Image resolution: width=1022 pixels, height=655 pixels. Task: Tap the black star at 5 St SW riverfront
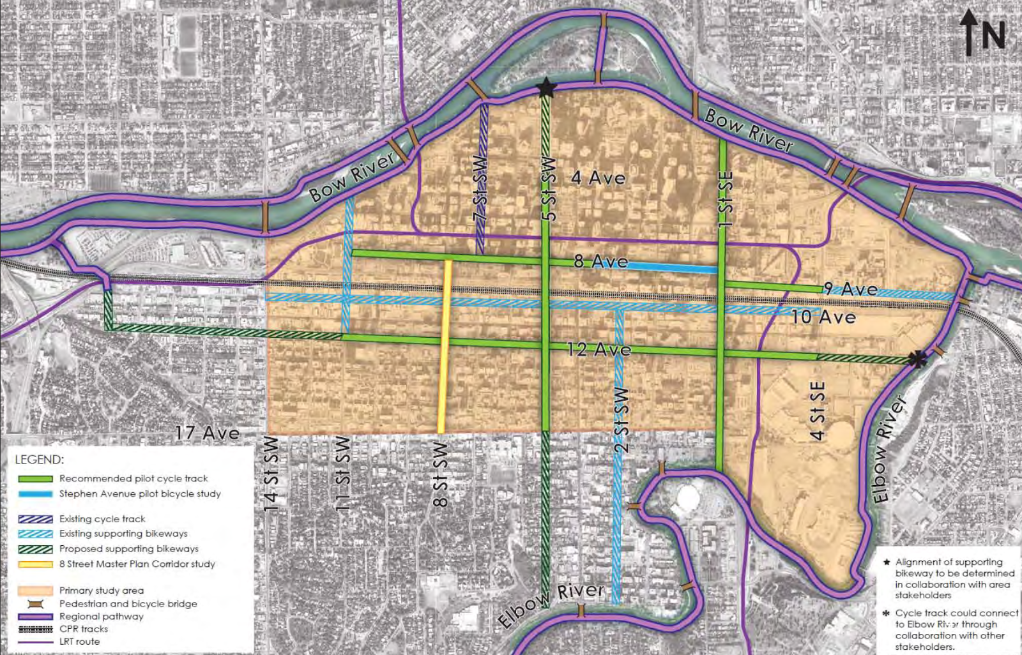(547, 87)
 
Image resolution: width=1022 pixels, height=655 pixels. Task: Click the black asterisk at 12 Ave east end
(917, 359)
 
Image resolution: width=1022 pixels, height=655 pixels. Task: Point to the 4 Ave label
(598, 177)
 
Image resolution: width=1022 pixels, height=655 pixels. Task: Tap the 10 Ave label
(823, 317)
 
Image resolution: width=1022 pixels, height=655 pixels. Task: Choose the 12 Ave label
(599, 349)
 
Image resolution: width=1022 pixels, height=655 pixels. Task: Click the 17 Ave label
(208, 433)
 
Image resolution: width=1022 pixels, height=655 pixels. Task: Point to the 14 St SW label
(271, 474)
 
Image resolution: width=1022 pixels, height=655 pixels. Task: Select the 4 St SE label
(818, 410)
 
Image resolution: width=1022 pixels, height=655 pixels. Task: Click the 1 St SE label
(726, 200)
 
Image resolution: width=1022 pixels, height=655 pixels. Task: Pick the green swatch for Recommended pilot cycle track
(35, 479)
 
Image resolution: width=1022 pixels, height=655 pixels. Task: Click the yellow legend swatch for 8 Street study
(35, 564)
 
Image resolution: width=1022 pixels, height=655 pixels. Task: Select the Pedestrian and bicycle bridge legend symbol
(35, 604)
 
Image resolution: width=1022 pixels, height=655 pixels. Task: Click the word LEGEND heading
(39, 460)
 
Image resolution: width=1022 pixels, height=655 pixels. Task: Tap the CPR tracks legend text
(84, 629)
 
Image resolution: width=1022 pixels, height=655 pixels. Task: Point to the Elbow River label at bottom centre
(551, 604)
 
